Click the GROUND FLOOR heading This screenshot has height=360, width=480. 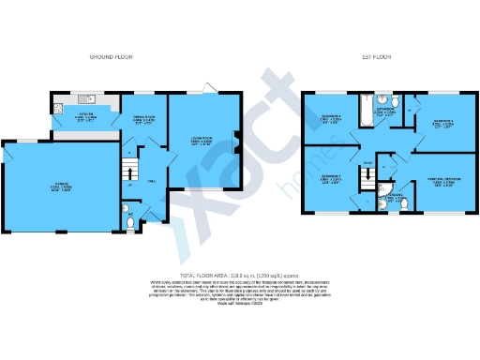pyautogui.click(x=110, y=58)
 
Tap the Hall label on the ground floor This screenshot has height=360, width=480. pyautogui.click(x=147, y=185)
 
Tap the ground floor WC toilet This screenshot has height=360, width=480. pyautogui.click(x=128, y=221)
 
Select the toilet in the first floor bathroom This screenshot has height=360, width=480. pyautogui.click(x=397, y=102)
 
